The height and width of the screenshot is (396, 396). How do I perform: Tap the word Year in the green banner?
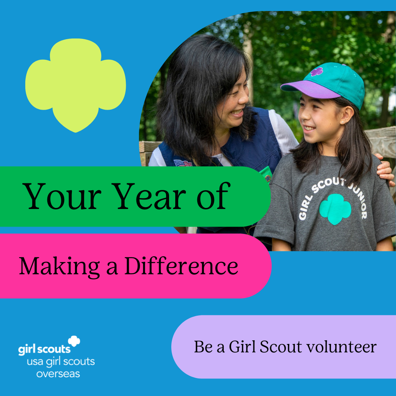(x=148, y=196)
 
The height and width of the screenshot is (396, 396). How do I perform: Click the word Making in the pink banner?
(x=60, y=267)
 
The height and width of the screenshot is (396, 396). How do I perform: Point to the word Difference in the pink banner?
(x=181, y=265)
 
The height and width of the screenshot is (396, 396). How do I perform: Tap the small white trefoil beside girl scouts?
(x=74, y=341)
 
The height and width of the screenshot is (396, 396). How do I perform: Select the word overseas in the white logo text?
(x=58, y=374)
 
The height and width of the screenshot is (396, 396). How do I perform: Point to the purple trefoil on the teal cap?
(x=317, y=72)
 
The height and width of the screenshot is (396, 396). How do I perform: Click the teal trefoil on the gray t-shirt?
(x=335, y=209)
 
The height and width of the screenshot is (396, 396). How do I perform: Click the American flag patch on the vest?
(x=183, y=163)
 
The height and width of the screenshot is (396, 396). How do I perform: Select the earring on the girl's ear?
(x=342, y=122)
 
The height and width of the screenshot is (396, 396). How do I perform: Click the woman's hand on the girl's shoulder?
(x=385, y=169)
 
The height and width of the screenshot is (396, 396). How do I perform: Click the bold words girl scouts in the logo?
(x=44, y=349)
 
